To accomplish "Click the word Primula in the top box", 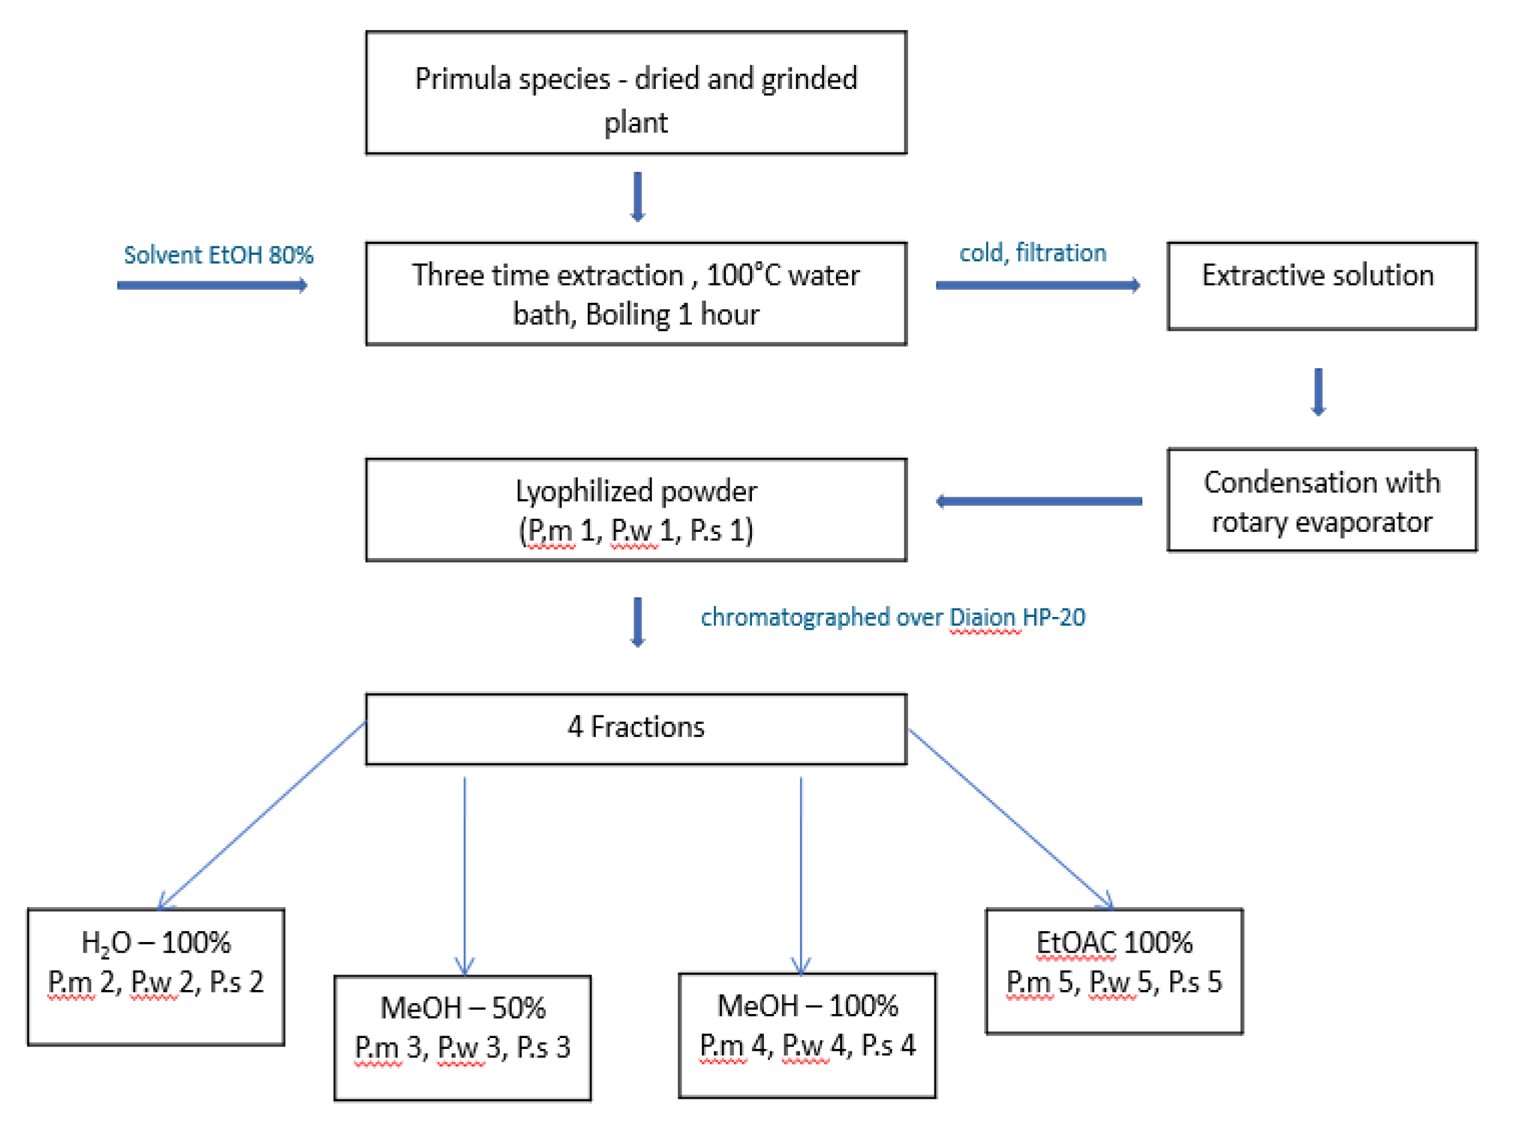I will pos(462,79).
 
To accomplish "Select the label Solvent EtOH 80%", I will pos(219,255).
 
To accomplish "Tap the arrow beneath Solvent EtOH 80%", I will pos(212,285).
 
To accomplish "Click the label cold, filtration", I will pos(1032,253).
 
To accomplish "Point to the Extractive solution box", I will pos(1321,286).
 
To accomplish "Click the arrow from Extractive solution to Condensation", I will pos(1318,391).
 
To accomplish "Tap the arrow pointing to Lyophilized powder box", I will pos(1038,502).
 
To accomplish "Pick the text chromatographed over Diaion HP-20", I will pos(892,617).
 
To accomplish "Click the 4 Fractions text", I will pos(636,728).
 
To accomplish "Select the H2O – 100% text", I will pos(156,943).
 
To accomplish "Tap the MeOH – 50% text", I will pos(462,1008).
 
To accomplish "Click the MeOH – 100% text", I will pos(807,1006).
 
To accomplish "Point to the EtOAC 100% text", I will pos(1114,943).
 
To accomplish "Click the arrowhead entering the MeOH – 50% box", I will pos(465,966).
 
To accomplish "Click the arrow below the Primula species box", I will pos(637,196).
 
